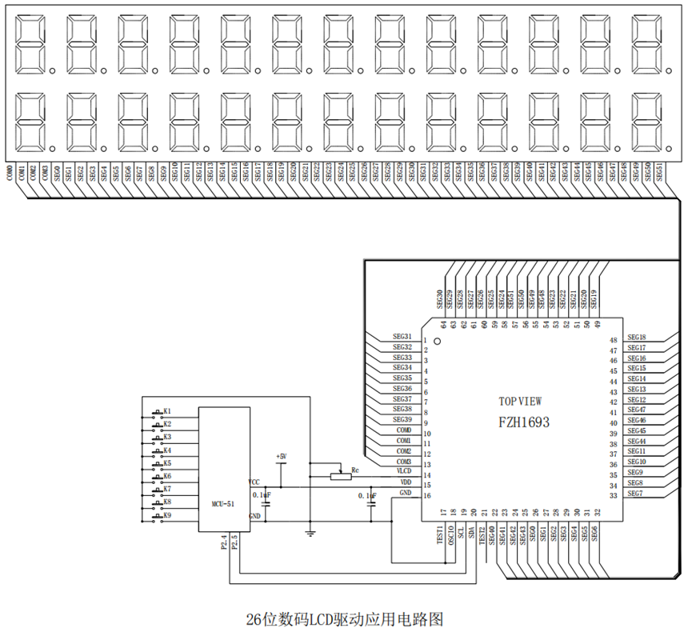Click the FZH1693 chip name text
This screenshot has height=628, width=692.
click(524, 421)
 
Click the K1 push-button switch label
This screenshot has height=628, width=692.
click(167, 412)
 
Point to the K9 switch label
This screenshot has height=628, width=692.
click(167, 515)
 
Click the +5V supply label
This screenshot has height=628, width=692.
click(280, 456)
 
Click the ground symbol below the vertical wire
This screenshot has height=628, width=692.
click(310, 531)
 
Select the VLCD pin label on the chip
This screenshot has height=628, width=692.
click(403, 473)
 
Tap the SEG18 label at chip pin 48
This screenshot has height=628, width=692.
click(637, 338)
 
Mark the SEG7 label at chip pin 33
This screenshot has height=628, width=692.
click(635, 494)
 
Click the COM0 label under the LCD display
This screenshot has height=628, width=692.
click(10, 174)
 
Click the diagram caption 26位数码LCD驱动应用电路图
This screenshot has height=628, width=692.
click(344, 618)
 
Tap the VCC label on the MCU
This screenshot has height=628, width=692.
click(254, 482)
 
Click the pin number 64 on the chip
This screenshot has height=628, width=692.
click(442, 324)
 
